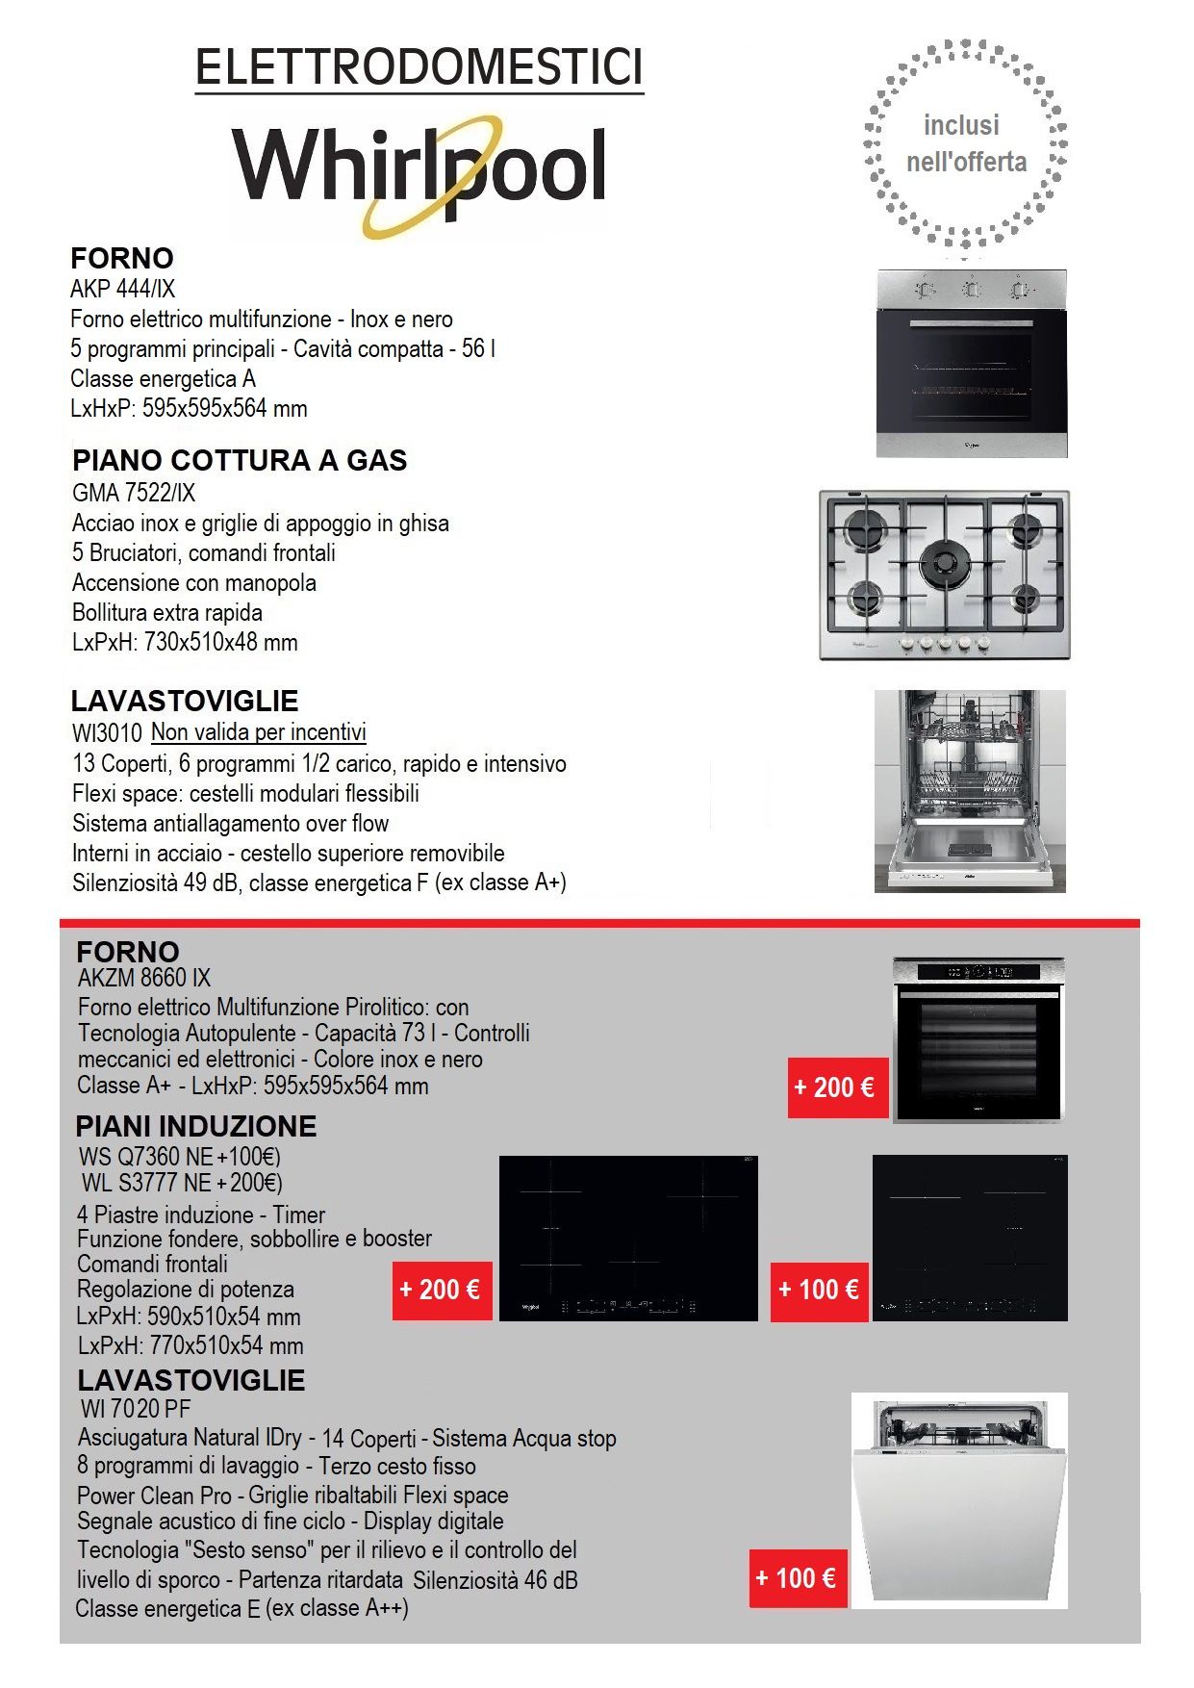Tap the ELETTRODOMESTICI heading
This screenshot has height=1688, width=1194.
click(419, 67)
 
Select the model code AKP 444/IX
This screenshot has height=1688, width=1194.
click(122, 289)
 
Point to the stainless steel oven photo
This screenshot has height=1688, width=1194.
click(971, 364)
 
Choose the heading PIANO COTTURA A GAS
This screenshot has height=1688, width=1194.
click(240, 460)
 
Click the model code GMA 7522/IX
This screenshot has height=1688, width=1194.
click(134, 493)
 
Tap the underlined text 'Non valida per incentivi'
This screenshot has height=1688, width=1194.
click(259, 732)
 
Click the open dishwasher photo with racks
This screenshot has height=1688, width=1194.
click(970, 791)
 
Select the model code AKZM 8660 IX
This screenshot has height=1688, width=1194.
click(144, 978)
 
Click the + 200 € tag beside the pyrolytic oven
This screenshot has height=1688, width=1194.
click(834, 1087)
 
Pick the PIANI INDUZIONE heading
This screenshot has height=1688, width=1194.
click(196, 1126)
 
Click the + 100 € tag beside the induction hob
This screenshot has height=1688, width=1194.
click(819, 1290)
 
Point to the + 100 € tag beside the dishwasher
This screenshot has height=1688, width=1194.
click(796, 1578)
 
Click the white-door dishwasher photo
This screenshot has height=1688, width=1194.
click(959, 1500)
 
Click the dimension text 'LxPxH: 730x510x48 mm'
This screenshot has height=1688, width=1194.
click(185, 642)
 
